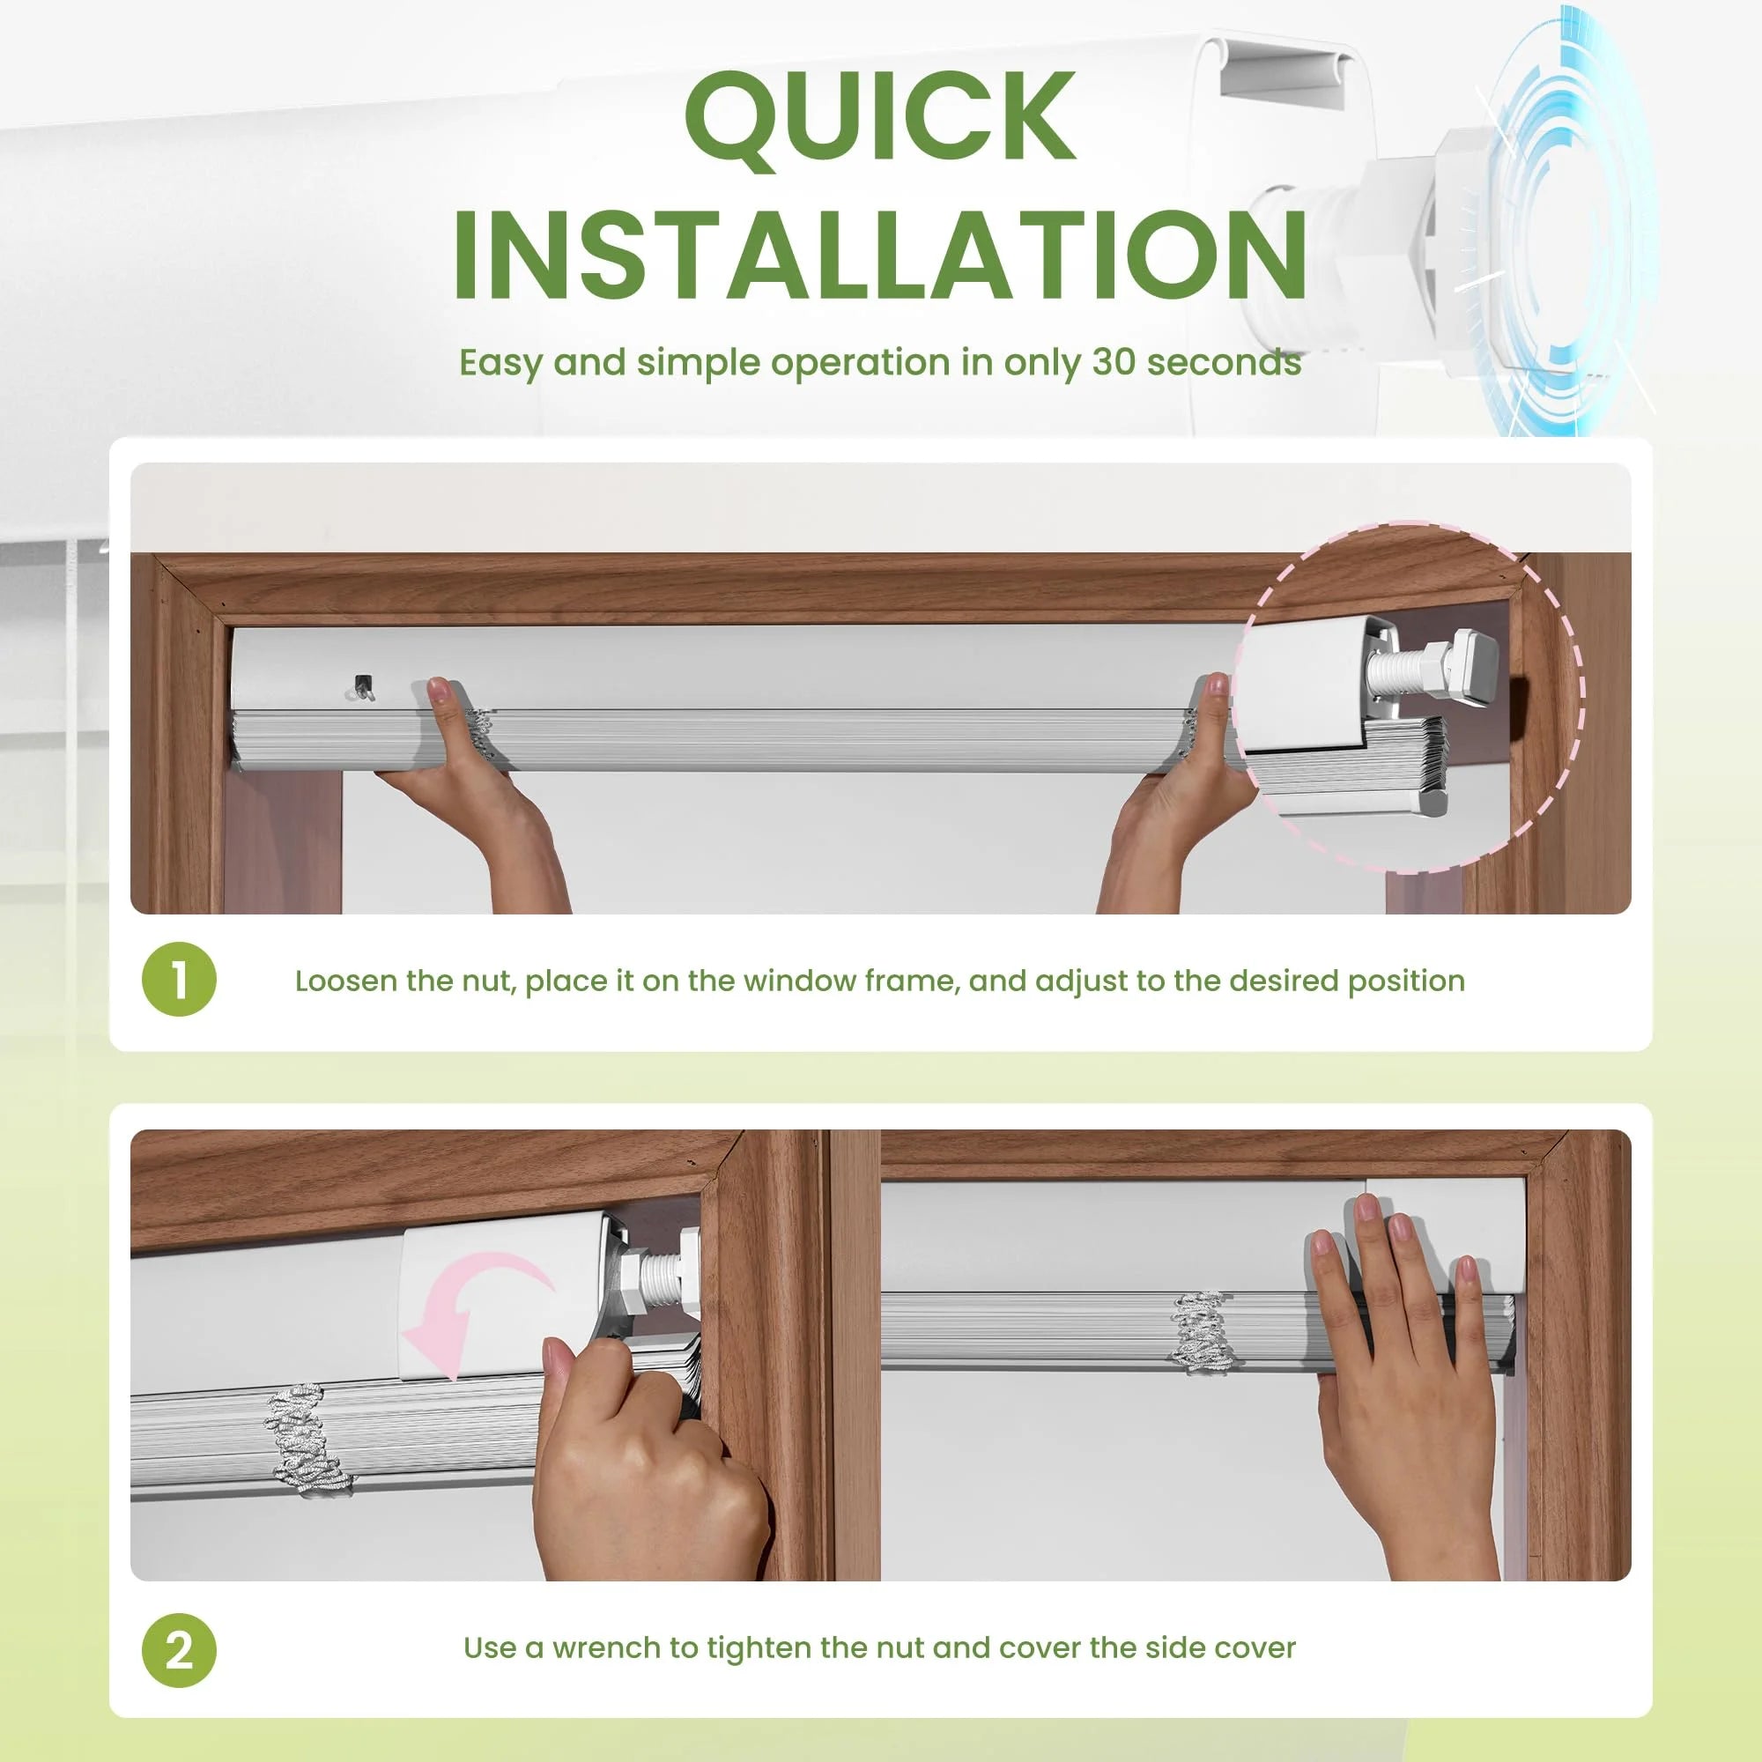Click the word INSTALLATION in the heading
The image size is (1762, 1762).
point(880,255)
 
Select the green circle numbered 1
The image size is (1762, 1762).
point(180,980)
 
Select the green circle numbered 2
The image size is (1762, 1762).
point(180,1650)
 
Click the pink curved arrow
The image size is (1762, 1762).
point(474,1311)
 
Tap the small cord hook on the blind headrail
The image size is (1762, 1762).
point(361,687)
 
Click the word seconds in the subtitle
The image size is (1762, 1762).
point(1224,362)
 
